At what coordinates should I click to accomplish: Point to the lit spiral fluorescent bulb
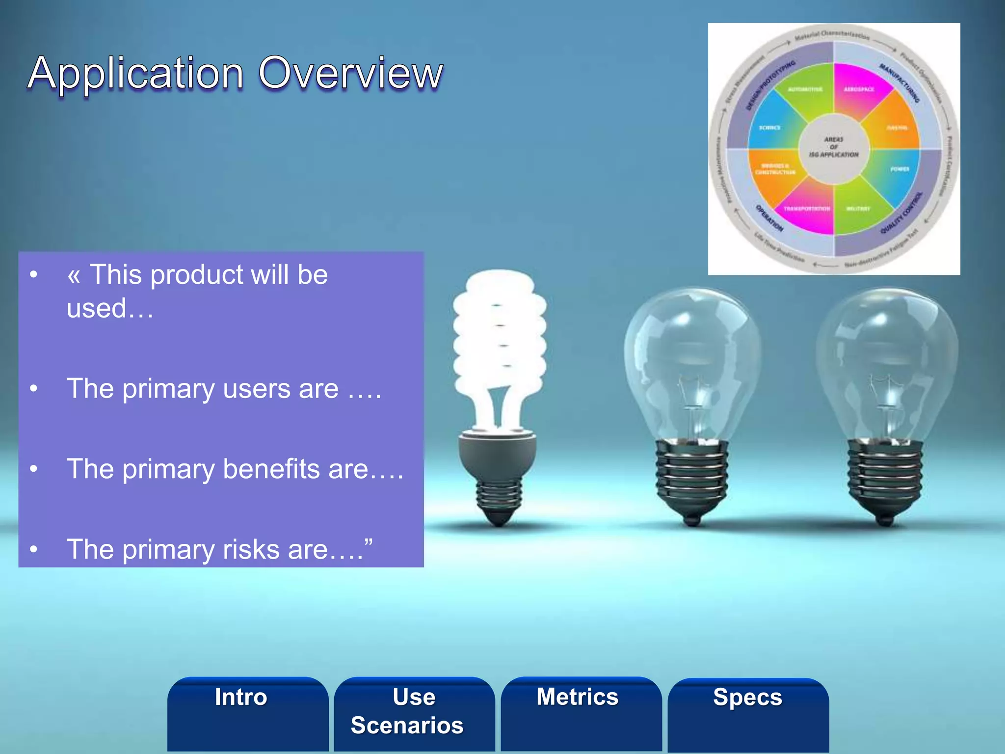tap(499, 344)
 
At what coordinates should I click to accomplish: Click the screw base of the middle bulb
tap(691, 476)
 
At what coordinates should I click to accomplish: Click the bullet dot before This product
tap(33, 274)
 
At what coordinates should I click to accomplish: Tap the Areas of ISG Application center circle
tap(834, 147)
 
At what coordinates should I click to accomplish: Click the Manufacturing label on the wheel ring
tap(899, 83)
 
